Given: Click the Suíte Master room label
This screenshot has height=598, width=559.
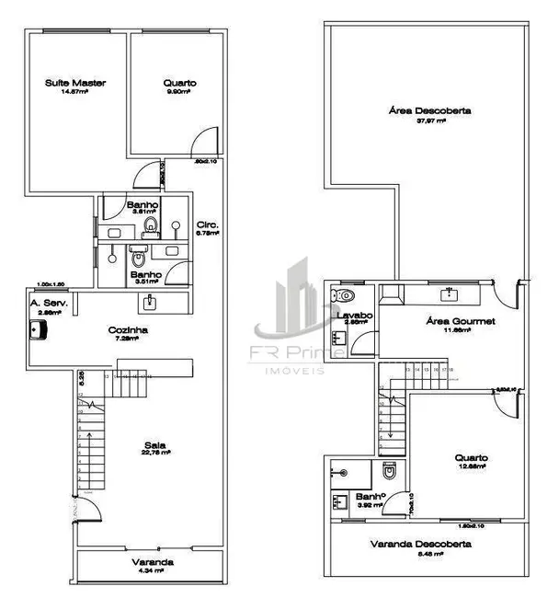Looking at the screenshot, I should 75,83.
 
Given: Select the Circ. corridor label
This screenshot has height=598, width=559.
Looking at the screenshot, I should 207,224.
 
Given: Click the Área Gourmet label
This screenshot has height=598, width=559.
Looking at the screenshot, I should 449,321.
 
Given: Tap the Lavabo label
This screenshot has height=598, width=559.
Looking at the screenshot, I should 353,316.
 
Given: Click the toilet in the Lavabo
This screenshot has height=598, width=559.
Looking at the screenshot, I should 343,295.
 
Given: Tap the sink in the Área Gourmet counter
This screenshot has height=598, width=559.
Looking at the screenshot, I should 450,293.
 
